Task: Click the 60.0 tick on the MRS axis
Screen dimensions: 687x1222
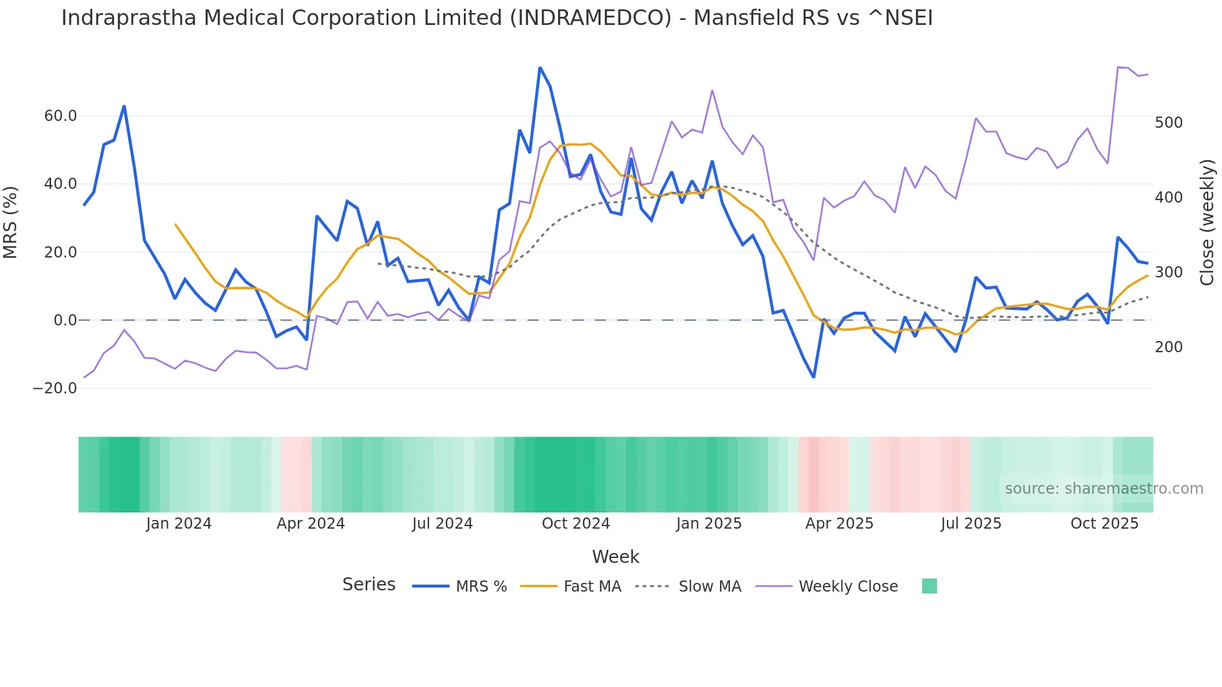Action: (x=60, y=116)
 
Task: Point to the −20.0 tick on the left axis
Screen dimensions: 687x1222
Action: (x=55, y=388)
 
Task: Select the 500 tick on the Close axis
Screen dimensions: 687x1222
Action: (x=1168, y=123)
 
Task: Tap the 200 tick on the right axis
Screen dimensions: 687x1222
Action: (x=1168, y=347)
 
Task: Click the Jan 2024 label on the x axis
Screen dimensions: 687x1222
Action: (x=178, y=524)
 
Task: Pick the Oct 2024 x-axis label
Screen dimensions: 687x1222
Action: (x=575, y=524)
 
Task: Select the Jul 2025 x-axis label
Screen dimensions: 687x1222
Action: (x=971, y=524)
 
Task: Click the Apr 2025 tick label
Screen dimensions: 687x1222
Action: (x=839, y=524)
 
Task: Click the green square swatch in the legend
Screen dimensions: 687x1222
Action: (x=929, y=586)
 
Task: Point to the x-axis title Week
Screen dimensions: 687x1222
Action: (x=615, y=557)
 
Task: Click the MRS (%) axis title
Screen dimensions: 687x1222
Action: (x=11, y=223)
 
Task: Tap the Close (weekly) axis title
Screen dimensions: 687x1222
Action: (x=1208, y=223)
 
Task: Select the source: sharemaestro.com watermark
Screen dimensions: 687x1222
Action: (x=1104, y=489)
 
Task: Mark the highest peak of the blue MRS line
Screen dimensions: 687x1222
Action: (x=540, y=67)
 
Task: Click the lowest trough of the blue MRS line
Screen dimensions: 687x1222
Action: (x=814, y=377)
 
